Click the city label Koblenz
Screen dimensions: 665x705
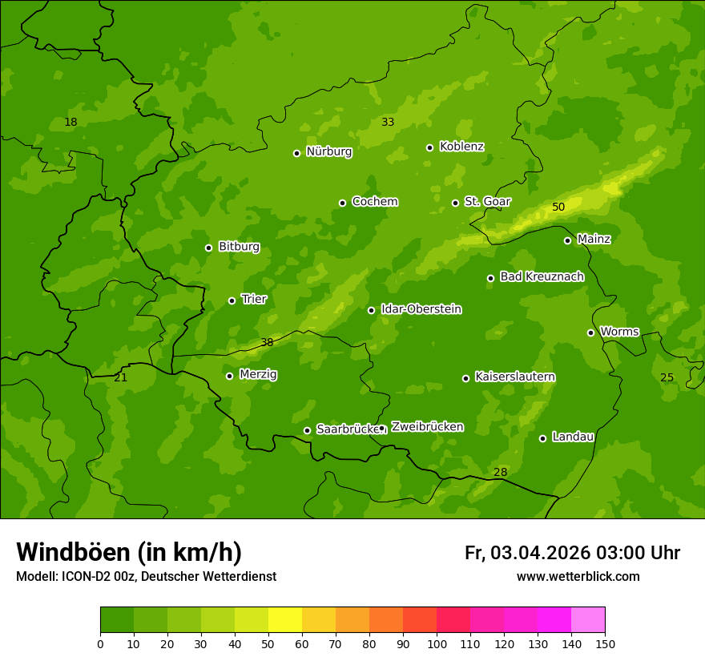tap(461, 147)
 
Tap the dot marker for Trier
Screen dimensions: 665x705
tap(232, 300)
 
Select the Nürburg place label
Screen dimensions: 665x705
tap(328, 151)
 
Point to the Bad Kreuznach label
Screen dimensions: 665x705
tap(542, 276)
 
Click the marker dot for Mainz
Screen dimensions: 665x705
tap(567, 240)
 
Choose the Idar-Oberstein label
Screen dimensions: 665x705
tap(421, 309)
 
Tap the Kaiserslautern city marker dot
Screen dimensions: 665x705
tap(465, 378)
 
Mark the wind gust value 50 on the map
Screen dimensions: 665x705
tap(558, 207)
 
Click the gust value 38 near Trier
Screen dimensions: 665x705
tap(267, 342)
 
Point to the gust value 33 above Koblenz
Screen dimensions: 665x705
tap(388, 122)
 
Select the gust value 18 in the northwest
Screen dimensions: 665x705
tap(70, 122)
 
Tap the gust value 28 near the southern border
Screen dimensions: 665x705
tap(500, 472)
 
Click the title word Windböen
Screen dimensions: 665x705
tap(73, 552)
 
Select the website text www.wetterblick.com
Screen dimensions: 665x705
tap(578, 576)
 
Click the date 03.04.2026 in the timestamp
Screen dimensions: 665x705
tap(541, 553)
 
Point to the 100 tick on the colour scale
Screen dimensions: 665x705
tap(437, 643)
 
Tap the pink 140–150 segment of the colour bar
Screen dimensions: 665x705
tap(588, 620)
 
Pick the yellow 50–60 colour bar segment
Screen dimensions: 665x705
tap(285, 620)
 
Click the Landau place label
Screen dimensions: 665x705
tap(573, 437)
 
